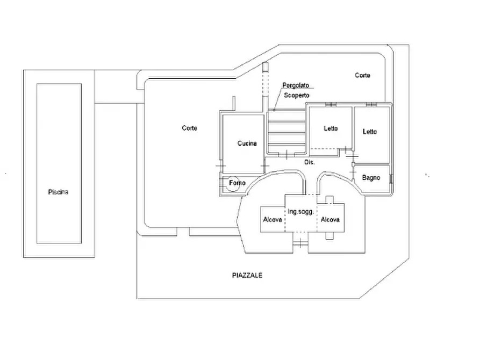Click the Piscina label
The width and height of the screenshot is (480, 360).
58,192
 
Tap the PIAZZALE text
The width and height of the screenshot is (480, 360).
247,276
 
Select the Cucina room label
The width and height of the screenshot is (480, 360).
247,143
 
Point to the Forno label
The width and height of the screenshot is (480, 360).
237,183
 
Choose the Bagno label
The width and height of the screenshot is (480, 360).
371,178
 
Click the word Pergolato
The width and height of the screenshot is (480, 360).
296,85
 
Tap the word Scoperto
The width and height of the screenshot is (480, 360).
297,95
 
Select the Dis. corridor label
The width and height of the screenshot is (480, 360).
310,162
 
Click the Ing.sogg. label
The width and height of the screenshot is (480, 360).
300,212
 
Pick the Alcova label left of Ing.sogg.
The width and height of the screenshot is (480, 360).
273,219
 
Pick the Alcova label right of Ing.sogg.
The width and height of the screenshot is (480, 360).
330,219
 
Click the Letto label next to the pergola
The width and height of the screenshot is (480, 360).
331,128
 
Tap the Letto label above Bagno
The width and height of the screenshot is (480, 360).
370,132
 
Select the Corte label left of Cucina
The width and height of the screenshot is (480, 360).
190,128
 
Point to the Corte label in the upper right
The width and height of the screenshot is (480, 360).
362,75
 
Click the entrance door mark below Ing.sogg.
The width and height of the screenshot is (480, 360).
300,243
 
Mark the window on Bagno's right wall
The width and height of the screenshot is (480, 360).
391,178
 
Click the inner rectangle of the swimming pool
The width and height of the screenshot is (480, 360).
59,163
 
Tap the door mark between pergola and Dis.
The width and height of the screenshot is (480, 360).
286,155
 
